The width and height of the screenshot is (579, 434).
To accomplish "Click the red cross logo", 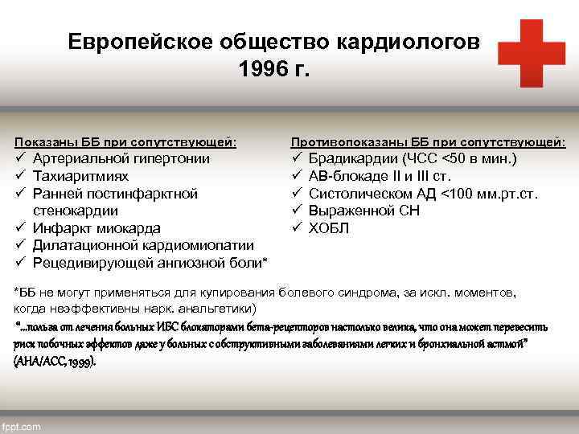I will (x=531, y=53).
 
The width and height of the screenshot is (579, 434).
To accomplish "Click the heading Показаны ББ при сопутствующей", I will (x=125, y=142).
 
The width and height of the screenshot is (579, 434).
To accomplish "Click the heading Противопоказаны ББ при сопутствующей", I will (x=428, y=142).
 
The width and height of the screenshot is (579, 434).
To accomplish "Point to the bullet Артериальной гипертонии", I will (x=121, y=158).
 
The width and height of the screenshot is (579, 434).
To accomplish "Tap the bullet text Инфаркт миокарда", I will (x=96, y=228).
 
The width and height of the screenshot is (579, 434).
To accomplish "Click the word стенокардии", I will (x=76, y=211).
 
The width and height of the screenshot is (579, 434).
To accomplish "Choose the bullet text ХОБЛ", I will (x=329, y=228).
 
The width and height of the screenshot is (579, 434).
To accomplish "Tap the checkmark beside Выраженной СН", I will (x=296, y=211).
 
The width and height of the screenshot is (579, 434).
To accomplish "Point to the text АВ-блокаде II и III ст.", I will (x=380, y=176).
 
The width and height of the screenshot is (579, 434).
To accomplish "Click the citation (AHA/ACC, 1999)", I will (x=55, y=362).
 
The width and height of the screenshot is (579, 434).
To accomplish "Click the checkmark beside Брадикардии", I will (x=296, y=158).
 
